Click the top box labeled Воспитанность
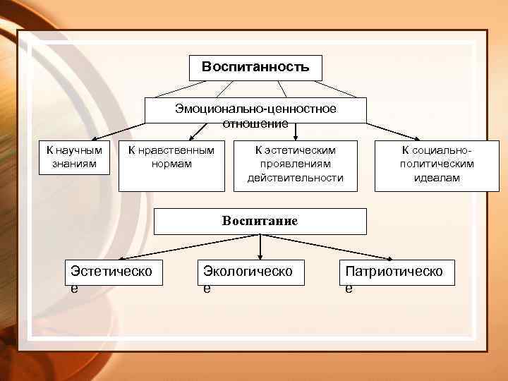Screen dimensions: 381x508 pos(255,68)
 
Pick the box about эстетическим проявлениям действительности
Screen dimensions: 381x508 pos(295,166)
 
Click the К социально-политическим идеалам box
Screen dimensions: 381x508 pos(436,166)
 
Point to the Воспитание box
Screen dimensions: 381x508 pos(260,221)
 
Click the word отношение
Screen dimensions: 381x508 pos(255,124)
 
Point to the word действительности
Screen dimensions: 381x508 pos(295,178)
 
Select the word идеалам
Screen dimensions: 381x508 pos(436,178)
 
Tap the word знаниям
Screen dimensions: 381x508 pos(74,164)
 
